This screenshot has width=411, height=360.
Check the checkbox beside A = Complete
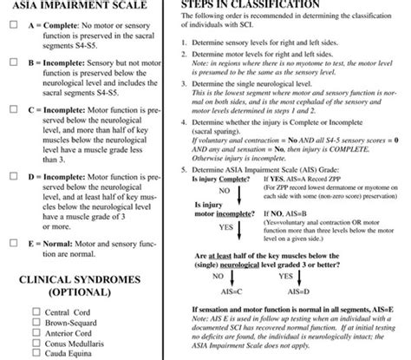10,25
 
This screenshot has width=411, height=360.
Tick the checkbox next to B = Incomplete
10,63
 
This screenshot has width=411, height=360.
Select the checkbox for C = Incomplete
10,111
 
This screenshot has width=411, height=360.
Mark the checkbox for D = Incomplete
10,175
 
